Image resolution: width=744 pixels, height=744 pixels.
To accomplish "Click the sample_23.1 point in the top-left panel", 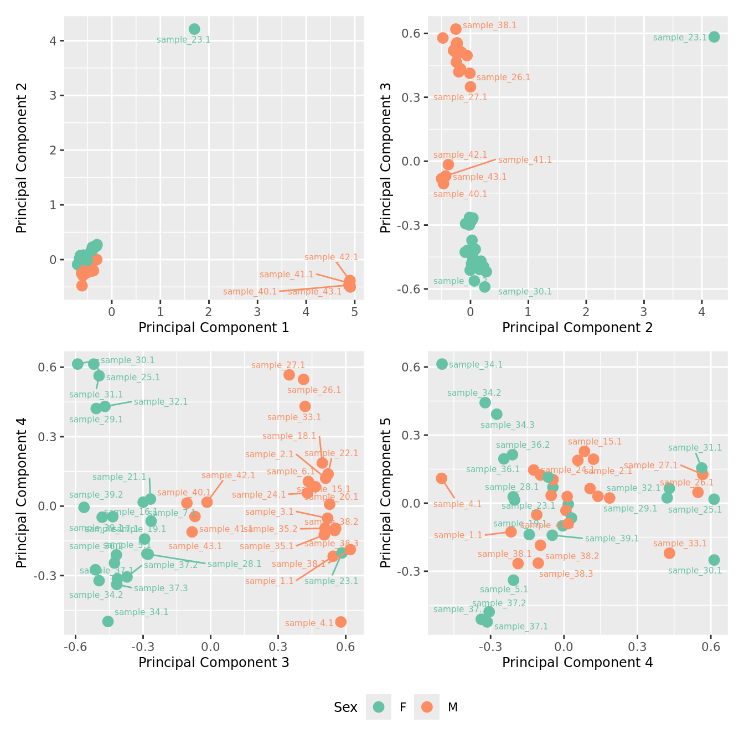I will [x=194, y=29].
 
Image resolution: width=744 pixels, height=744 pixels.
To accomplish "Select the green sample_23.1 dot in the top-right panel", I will [x=714, y=37].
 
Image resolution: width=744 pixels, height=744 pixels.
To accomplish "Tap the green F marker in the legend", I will [x=379, y=707].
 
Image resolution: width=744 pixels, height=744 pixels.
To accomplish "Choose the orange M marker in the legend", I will [x=426, y=707].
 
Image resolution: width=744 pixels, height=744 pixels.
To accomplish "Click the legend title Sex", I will [x=345, y=707].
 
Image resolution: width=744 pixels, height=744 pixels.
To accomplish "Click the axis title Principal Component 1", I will [x=214, y=328].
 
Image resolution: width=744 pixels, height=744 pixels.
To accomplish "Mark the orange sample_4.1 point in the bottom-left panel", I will [x=341, y=622].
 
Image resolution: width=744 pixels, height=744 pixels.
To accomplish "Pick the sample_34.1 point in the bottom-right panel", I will [x=442, y=364].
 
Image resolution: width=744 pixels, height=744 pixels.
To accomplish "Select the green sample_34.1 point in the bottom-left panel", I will [x=108, y=622].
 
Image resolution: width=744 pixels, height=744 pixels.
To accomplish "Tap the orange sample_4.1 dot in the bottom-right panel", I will [x=441, y=478].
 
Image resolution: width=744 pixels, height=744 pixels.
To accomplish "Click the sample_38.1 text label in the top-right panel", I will [x=489, y=25].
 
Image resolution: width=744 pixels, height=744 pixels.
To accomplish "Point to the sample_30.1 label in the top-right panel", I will [x=525, y=292].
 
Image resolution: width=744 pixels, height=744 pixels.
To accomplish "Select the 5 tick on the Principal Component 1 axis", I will [x=354, y=312].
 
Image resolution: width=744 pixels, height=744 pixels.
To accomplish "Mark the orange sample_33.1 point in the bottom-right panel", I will [x=669, y=553].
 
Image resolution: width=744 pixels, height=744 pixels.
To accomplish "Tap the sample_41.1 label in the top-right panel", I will [x=525, y=160].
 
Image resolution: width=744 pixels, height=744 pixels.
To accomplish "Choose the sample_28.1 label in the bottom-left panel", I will [x=234, y=564].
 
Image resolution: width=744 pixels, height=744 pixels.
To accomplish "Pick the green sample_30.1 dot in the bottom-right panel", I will [x=714, y=560].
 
